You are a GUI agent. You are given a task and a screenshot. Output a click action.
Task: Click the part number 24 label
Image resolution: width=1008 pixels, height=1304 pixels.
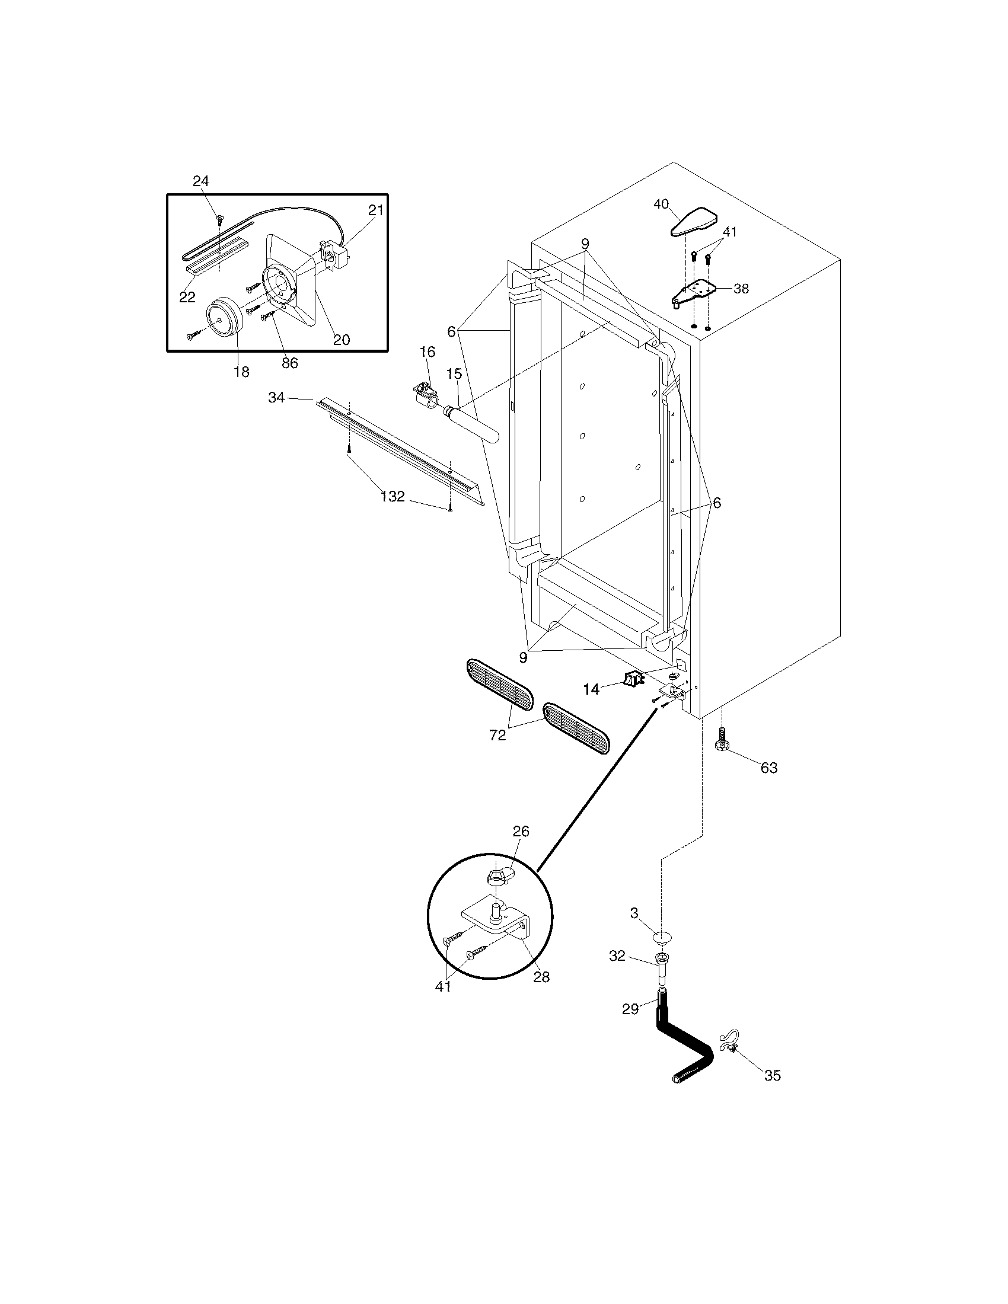[x=200, y=181]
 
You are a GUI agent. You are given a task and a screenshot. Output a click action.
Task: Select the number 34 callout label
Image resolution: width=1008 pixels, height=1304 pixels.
[x=276, y=397]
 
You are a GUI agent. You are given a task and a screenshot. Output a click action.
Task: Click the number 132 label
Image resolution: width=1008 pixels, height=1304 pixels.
[x=393, y=496]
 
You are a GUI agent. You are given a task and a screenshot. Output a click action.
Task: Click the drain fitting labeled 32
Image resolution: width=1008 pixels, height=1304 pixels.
[x=663, y=966]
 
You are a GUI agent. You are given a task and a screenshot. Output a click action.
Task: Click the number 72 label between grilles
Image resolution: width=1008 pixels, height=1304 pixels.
[x=497, y=736]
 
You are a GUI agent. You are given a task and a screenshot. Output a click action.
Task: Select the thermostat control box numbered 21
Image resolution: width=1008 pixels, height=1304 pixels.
[x=332, y=253]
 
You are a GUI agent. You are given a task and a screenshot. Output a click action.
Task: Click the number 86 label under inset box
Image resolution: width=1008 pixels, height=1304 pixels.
[x=289, y=363]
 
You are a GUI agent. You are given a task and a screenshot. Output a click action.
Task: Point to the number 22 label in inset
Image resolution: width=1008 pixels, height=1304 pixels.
[x=187, y=297]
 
